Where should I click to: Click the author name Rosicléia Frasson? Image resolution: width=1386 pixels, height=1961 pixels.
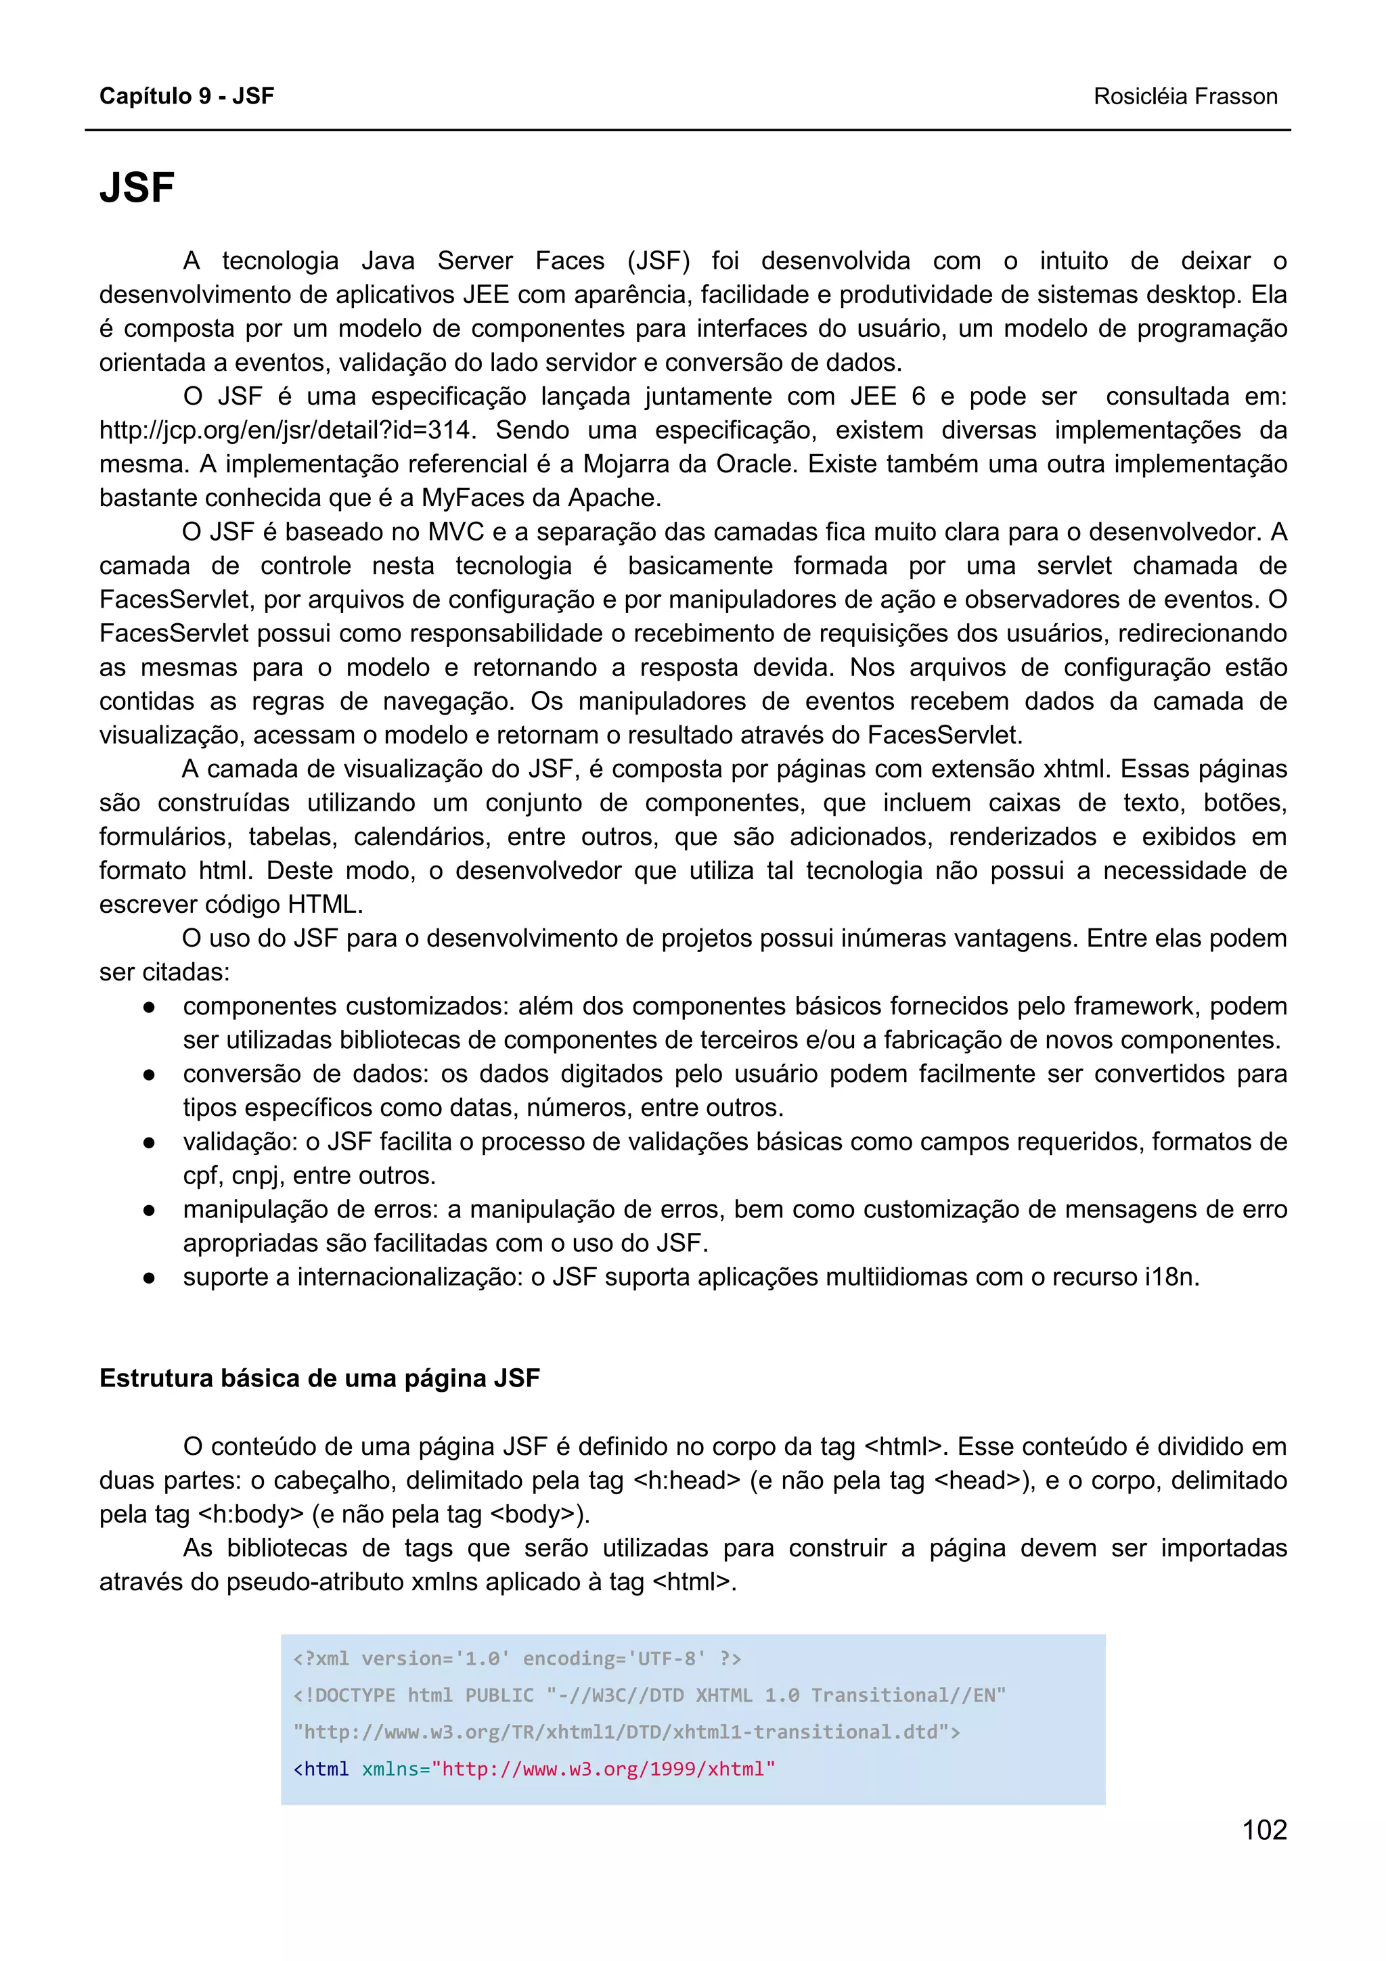[x=1184, y=97]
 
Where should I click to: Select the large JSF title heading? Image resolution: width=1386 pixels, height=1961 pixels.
[x=137, y=188]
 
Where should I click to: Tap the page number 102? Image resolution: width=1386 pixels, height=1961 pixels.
[x=1264, y=1830]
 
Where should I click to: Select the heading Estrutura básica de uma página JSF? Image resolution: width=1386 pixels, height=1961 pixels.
[x=319, y=1378]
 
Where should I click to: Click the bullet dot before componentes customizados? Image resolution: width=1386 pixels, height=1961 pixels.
[x=149, y=1007]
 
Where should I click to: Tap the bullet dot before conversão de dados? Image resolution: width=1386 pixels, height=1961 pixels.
[x=149, y=1075]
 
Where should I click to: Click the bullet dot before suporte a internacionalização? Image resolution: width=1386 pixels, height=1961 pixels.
[x=149, y=1278]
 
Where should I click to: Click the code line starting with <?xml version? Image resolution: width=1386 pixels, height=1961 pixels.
[x=516, y=1659]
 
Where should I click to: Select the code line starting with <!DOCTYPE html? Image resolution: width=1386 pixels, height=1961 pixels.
[x=649, y=1695]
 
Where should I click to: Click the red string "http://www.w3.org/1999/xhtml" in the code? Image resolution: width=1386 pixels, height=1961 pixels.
[x=603, y=1769]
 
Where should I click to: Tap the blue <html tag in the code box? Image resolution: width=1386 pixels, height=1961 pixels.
[x=321, y=1769]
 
